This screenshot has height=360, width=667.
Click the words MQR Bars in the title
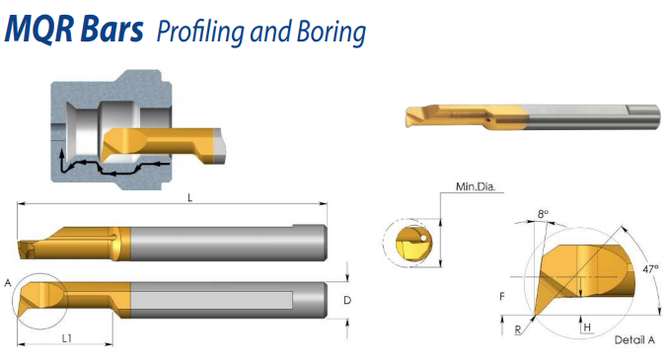(x=74, y=29)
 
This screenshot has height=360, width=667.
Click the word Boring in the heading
(x=332, y=33)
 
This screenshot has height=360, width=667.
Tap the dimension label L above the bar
(x=190, y=197)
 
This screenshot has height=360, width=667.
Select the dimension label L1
(x=67, y=338)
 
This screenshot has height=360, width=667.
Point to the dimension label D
(x=347, y=300)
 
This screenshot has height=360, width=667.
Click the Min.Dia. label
(x=476, y=186)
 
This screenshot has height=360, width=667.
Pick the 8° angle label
(x=543, y=214)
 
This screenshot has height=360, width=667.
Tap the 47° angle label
(x=650, y=269)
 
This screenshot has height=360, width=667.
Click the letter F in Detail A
(x=502, y=296)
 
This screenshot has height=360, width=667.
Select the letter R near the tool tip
(x=518, y=329)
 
